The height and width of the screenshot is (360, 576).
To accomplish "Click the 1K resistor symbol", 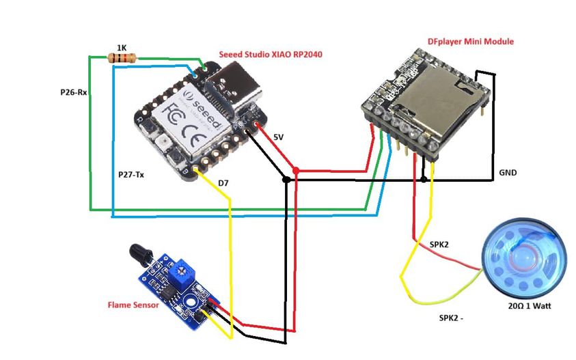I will click(x=122, y=58).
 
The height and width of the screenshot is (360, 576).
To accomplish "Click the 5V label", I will click(x=278, y=137).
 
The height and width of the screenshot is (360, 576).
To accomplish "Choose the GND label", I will click(x=508, y=173).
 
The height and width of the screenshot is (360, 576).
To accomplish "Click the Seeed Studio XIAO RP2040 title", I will click(x=271, y=53).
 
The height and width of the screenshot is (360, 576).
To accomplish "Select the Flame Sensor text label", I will click(x=133, y=305).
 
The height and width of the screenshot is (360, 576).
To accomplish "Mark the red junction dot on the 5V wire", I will click(x=296, y=169).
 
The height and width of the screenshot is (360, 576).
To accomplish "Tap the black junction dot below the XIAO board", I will click(x=286, y=180).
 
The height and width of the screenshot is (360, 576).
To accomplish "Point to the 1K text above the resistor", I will click(x=121, y=47).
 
